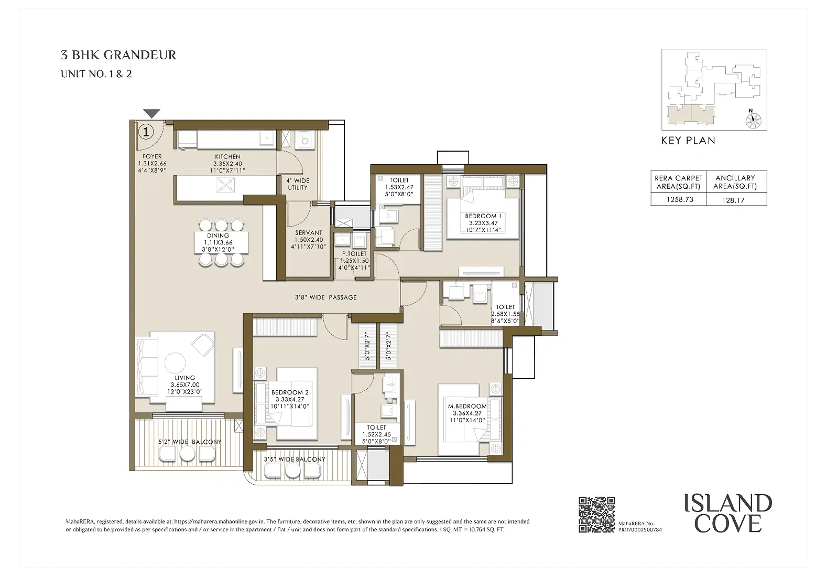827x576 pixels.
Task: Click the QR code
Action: [x=596, y=515]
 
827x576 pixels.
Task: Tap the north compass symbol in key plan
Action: [x=752, y=120]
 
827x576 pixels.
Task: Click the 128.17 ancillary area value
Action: [x=735, y=200]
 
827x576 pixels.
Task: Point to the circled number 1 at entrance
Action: [x=146, y=131]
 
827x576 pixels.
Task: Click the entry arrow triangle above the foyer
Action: [x=151, y=113]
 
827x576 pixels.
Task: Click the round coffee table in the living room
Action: [x=175, y=362]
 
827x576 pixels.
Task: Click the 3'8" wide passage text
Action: [x=325, y=297]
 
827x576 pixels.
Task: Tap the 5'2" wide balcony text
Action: [x=190, y=442]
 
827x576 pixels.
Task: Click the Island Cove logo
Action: [x=728, y=513]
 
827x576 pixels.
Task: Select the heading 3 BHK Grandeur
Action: [x=118, y=55]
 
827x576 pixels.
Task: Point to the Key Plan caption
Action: [x=688, y=141]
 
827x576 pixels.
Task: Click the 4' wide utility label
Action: [x=298, y=184]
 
